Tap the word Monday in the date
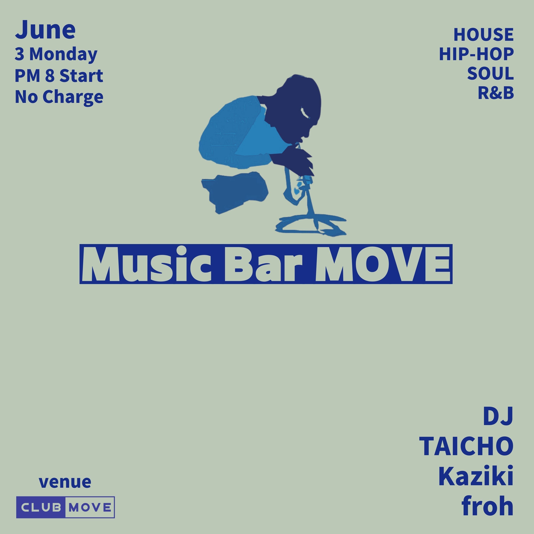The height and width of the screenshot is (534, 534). (x=63, y=54)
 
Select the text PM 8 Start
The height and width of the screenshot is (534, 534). (x=59, y=75)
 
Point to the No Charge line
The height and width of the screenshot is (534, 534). (x=59, y=97)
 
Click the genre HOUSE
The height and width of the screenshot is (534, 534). (x=483, y=35)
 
